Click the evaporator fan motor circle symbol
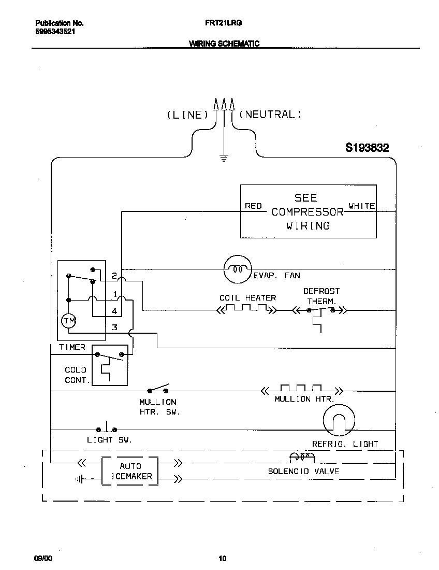(x=237, y=269)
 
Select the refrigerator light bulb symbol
(x=339, y=421)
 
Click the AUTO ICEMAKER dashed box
(x=129, y=471)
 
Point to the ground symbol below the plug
(x=224, y=158)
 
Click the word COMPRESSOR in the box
(x=308, y=211)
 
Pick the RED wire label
(x=253, y=206)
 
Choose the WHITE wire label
(x=361, y=206)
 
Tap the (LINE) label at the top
(x=187, y=115)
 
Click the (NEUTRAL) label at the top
(x=271, y=114)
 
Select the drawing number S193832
(x=367, y=148)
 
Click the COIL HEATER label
(x=247, y=297)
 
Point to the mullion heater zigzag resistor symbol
(x=301, y=388)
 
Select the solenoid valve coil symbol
(x=301, y=457)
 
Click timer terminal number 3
(x=114, y=327)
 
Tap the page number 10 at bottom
(x=222, y=559)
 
